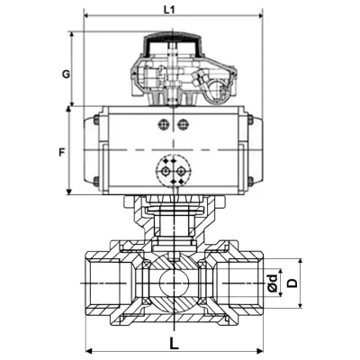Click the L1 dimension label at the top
pyautogui.click(x=170, y=8)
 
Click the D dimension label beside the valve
pyautogui.click(x=291, y=283)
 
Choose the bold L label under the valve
pyautogui.click(x=172, y=343)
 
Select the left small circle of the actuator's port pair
pyautogui.click(x=163, y=124)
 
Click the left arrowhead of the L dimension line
pyautogui.click(x=87, y=350)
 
